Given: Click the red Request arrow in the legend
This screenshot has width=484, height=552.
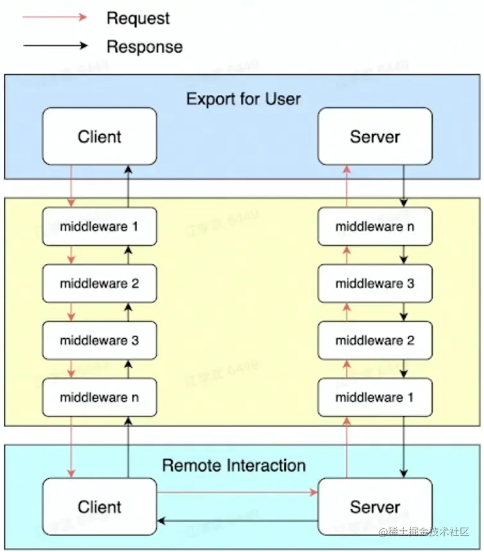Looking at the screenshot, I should click(55, 18).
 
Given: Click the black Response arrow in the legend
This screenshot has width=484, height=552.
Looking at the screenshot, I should click(55, 46).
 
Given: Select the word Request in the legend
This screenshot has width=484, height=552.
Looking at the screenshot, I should click(138, 18).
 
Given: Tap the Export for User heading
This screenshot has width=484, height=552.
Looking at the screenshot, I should click(243, 99).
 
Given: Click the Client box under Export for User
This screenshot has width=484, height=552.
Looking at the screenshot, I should click(99, 136).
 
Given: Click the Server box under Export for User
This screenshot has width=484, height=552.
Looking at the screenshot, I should click(375, 136).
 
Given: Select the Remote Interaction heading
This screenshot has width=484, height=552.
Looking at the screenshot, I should click(234, 465).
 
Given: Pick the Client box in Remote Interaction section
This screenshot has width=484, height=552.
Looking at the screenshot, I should click(99, 506).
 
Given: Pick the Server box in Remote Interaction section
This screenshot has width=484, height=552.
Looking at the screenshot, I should click(375, 506).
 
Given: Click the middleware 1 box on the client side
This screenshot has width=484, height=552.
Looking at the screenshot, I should click(99, 227).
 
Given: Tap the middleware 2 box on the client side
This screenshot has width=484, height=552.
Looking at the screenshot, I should click(99, 283).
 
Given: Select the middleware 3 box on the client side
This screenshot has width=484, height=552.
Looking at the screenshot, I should click(99, 340).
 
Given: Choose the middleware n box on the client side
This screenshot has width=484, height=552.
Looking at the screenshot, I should click(99, 397).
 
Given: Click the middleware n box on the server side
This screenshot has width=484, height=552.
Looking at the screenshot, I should click(375, 227).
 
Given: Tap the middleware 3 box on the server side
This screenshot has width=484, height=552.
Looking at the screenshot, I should click(375, 283).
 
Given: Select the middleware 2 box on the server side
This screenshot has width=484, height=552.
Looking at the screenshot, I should click(375, 340).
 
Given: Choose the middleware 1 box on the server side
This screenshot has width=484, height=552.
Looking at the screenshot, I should click(375, 397).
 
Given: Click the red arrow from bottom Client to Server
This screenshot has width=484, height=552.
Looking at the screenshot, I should click(238, 492).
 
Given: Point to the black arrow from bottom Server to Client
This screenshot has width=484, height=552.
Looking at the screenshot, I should click(238, 521).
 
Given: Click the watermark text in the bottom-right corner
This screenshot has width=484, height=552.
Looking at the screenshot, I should click(425, 533).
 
